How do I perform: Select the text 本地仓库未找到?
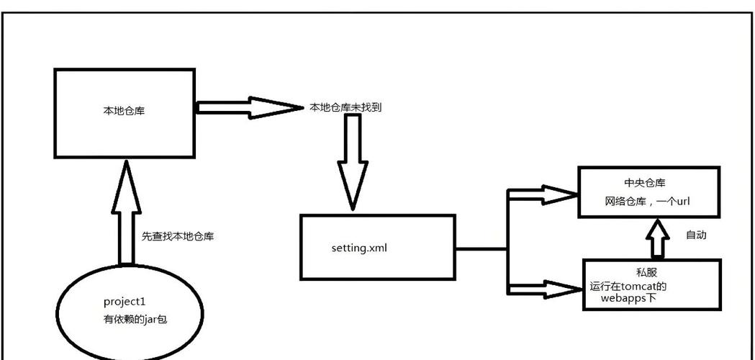[x=345, y=107]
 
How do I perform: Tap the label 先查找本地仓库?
[x=178, y=235]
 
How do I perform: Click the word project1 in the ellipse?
[x=125, y=301]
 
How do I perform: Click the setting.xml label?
[x=360, y=248]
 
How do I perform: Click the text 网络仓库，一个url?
[x=648, y=202]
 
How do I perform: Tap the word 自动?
[x=696, y=235]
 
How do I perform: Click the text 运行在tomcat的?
[x=628, y=286]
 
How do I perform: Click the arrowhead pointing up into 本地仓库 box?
[x=125, y=177]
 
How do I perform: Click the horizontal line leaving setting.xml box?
[x=481, y=249]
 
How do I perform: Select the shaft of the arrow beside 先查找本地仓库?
[x=125, y=230]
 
